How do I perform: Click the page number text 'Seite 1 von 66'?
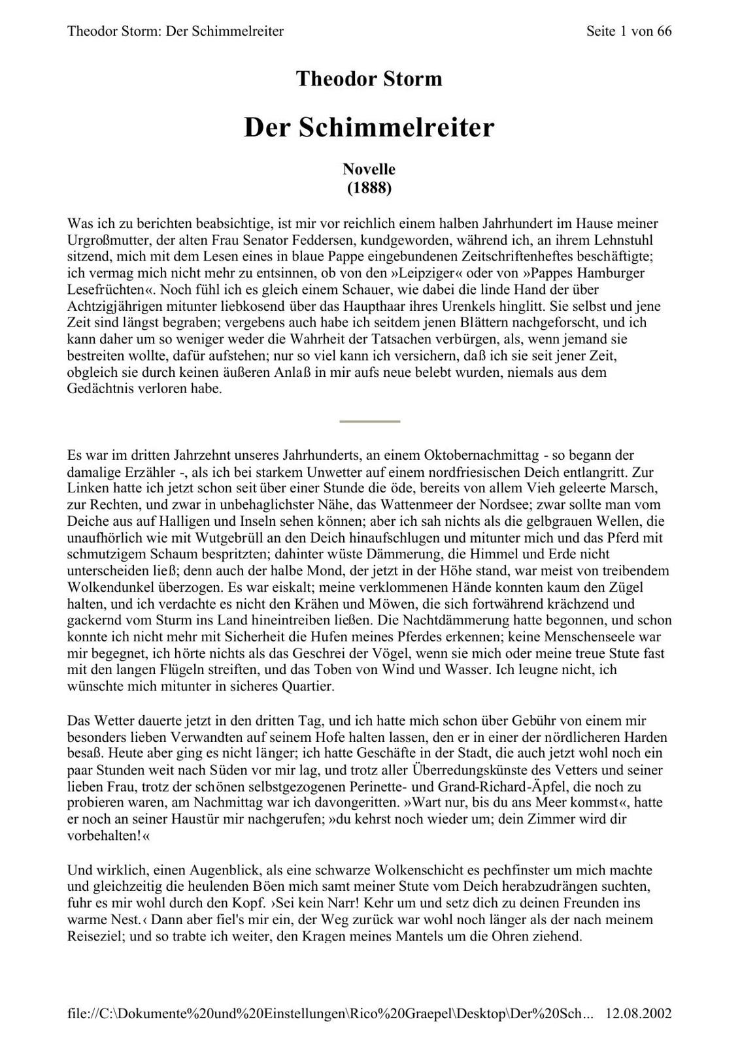[629, 31]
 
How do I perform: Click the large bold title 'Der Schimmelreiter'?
[369, 127]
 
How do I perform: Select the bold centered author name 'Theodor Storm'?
[369, 79]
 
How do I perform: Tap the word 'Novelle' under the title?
[369, 169]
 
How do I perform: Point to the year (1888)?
[369, 188]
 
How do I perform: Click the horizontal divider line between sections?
[369, 422]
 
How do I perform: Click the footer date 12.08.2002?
[639, 1014]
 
